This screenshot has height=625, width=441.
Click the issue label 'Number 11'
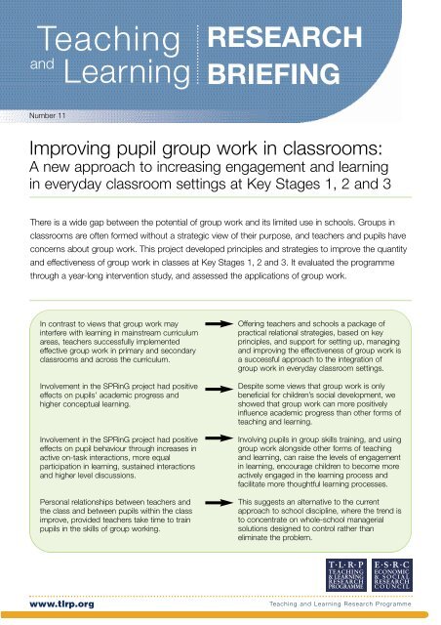(x=44, y=114)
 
